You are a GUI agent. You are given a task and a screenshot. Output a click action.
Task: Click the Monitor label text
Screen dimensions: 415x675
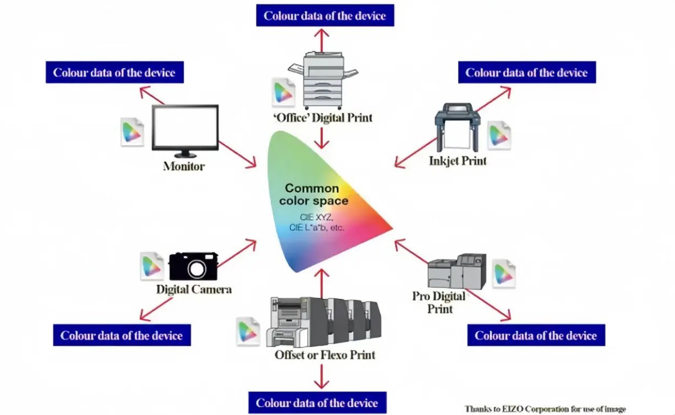coord(184,166)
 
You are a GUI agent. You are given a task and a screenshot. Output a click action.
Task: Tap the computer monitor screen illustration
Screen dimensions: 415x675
coord(185,127)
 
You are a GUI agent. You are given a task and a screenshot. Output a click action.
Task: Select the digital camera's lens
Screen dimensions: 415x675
coord(196,269)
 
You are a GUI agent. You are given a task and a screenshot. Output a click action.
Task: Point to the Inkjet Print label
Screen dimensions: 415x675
coord(458,161)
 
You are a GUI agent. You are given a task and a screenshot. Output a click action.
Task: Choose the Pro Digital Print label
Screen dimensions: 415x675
coord(439,302)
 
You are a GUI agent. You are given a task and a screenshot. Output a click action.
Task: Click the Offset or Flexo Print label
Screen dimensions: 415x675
coord(325,355)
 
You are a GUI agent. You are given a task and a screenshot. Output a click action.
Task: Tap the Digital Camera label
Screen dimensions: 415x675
coord(194,289)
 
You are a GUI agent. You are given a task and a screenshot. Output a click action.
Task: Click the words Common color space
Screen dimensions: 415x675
coord(313,194)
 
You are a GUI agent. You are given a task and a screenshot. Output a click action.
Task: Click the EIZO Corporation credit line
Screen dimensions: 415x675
coord(545,409)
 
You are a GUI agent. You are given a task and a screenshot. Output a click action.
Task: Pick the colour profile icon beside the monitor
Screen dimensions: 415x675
coord(132,132)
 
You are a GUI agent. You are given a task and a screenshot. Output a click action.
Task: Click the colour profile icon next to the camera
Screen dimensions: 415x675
coord(152,266)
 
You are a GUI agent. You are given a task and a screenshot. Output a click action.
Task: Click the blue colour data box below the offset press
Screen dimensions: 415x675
coord(317,403)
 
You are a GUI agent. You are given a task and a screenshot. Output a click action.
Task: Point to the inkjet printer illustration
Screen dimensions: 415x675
coord(456,127)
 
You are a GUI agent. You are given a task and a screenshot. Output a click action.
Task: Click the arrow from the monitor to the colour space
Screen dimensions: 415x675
coord(237,154)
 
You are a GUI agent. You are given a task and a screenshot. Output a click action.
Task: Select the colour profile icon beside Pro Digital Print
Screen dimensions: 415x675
coord(503,274)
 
